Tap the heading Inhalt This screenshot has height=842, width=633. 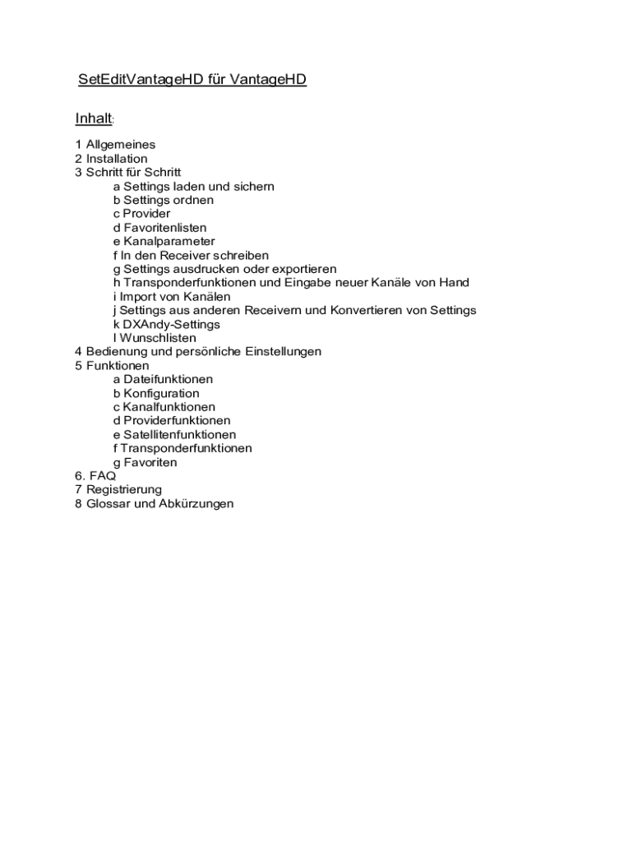pos(93,118)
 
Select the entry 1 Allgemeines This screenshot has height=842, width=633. pos(115,145)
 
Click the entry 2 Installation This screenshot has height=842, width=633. pos(111,159)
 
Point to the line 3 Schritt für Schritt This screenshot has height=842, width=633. pos(127,173)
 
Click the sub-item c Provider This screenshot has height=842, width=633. pos(141,214)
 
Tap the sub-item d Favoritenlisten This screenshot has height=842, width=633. pos(159,228)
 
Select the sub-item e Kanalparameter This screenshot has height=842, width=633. pos(164,242)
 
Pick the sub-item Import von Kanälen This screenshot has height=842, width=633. pos(172,297)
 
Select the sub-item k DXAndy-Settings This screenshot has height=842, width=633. pos(166,324)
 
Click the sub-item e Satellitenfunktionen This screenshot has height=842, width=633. pos(174,434)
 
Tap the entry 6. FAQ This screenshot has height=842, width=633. pos(95,476)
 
